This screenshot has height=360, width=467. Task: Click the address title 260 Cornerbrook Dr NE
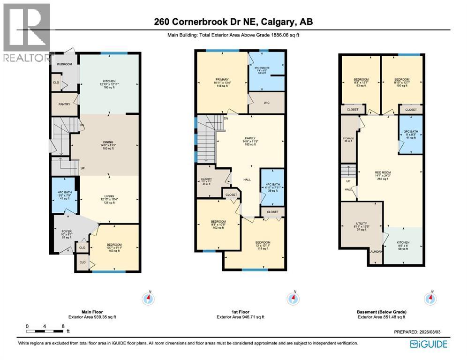(x=233, y=22)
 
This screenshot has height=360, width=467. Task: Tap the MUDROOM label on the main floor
(x=64, y=64)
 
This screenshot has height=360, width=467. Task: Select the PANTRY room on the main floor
(x=64, y=105)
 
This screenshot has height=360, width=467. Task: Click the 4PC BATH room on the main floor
(x=64, y=195)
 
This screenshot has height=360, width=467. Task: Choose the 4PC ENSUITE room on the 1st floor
(x=266, y=71)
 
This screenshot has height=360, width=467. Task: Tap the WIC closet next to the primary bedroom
(x=266, y=103)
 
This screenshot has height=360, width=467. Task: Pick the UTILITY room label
(x=361, y=226)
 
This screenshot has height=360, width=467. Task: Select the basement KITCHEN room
(x=403, y=245)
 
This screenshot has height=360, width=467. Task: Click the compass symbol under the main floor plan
(x=150, y=298)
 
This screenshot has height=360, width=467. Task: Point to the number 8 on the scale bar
(x=62, y=326)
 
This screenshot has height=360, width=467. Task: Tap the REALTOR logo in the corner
(x=26, y=33)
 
